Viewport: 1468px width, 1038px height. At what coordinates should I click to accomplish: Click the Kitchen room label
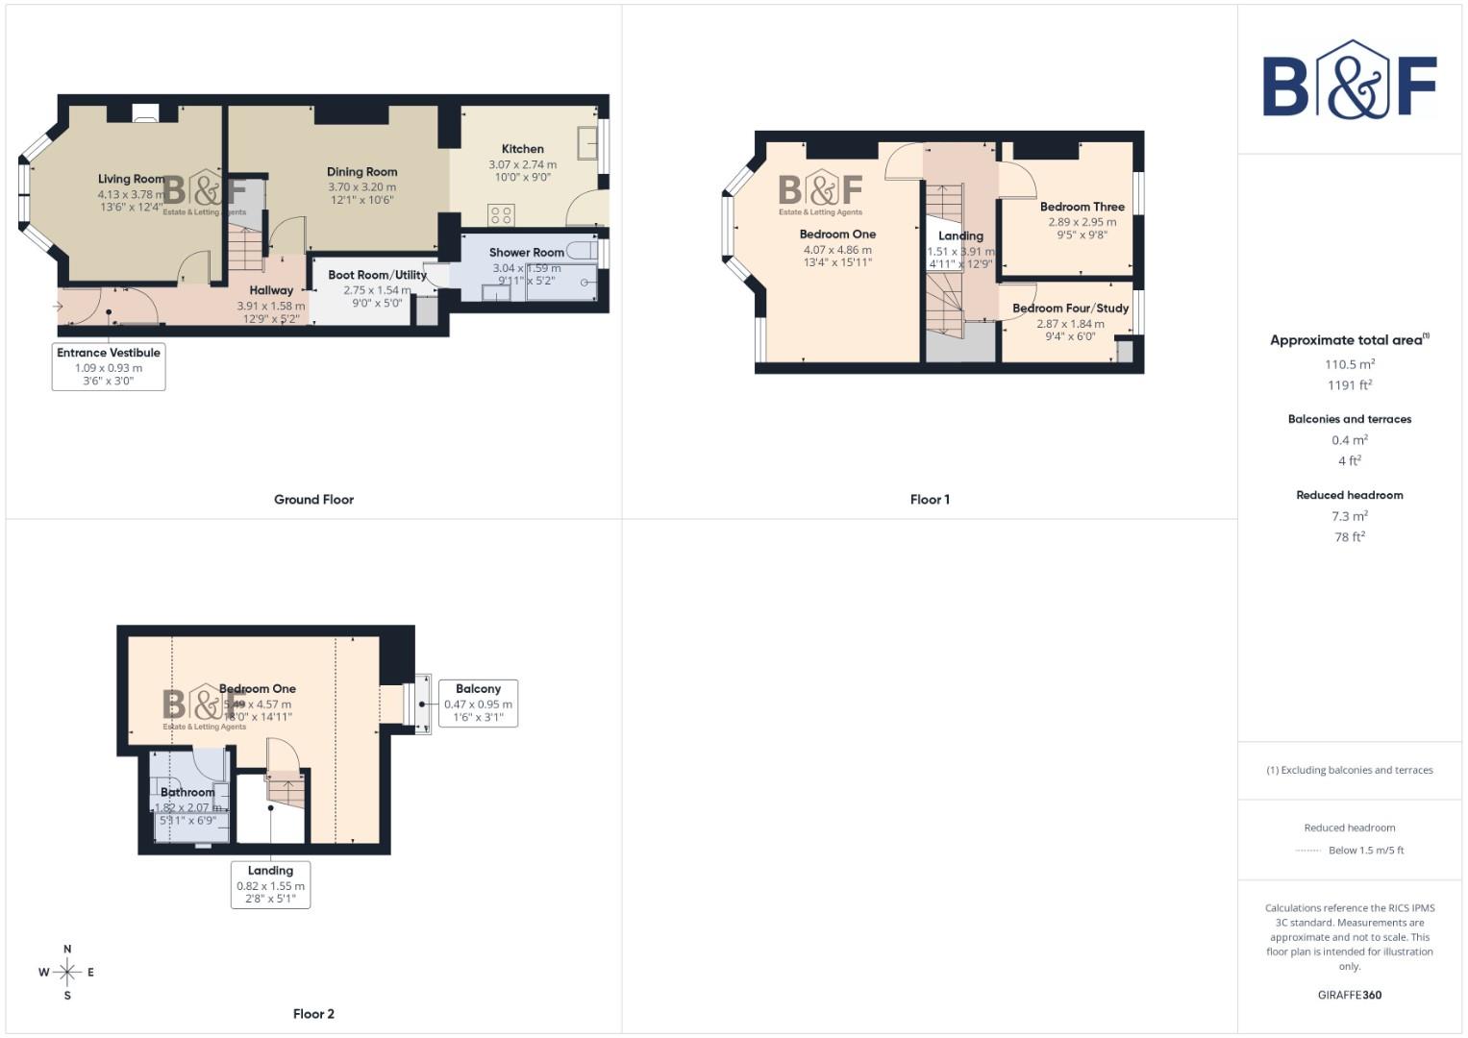click(x=522, y=149)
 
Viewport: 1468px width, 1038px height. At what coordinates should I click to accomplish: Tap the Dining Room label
click(x=361, y=172)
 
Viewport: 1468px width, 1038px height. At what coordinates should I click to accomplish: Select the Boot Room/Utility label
click(x=377, y=275)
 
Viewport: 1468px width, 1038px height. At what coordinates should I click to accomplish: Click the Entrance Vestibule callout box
click(x=109, y=366)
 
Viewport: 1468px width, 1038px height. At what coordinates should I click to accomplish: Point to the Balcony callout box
click(x=478, y=703)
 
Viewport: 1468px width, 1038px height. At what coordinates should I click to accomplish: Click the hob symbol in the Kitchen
click(x=501, y=214)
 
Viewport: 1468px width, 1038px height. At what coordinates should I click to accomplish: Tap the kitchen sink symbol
click(x=587, y=143)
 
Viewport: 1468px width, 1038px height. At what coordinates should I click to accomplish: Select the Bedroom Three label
click(x=1082, y=207)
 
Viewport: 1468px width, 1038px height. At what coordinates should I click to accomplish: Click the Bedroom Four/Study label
click(x=1070, y=309)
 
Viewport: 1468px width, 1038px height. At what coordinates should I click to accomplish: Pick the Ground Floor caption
click(x=313, y=500)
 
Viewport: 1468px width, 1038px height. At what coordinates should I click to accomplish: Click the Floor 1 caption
click(x=930, y=500)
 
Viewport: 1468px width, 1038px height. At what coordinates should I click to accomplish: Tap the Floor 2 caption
click(x=313, y=1014)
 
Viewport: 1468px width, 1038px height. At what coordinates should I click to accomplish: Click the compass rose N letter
click(x=67, y=950)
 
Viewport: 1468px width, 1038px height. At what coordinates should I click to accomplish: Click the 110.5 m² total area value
click(x=1349, y=364)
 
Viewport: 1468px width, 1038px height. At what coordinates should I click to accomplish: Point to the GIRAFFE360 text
click(x=1349, y=995)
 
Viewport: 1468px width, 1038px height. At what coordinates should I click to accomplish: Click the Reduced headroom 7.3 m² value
click(x=1349, y=516)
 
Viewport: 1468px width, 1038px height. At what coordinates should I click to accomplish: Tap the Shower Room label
click(x=526, y=253)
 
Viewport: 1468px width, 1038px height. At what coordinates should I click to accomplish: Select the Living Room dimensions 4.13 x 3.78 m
click(x=131, y=194)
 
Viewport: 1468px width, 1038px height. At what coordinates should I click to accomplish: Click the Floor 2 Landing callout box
click(x=270, y=884)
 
